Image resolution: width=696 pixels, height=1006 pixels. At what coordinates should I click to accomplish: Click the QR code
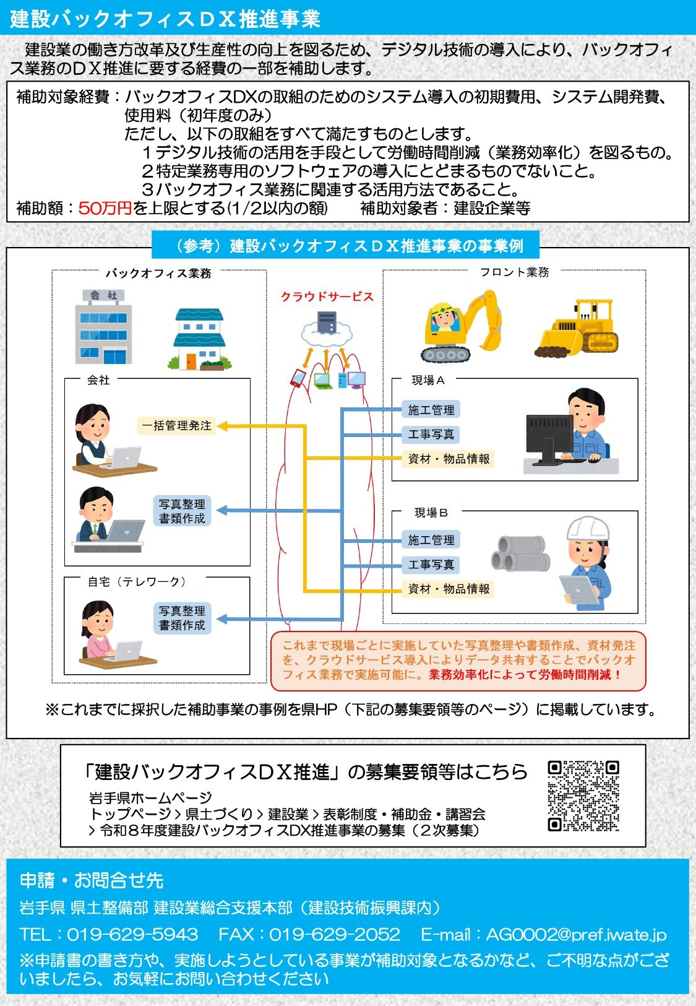point(583,796)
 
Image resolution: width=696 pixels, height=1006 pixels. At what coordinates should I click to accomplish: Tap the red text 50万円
point(105,208)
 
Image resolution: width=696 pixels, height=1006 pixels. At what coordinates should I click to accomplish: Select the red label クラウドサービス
point(327,297)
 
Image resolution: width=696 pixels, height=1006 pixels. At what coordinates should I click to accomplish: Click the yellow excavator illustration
point(462,325)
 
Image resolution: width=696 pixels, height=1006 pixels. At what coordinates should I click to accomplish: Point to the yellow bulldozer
point(577,327)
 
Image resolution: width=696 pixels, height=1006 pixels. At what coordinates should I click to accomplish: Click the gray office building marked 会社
point(103,326)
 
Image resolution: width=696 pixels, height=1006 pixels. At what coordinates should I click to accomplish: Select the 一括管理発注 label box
point(176,425)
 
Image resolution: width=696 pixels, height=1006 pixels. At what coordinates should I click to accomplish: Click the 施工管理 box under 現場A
point(431,410)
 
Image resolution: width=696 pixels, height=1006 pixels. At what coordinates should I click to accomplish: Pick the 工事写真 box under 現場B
point(431,564)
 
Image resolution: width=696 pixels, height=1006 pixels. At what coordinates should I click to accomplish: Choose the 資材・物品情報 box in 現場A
point(449,459)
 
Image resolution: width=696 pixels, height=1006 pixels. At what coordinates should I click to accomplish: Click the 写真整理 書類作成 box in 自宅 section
point(182,618)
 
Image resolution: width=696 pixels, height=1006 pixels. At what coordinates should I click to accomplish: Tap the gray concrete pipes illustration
point(520,553)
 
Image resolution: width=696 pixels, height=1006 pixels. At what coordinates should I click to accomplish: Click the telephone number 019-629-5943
point(132,934)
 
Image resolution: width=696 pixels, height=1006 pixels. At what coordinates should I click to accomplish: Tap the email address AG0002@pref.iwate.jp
point(576,935)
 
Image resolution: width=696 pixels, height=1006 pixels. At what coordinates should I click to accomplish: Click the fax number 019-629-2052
point(334,934)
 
